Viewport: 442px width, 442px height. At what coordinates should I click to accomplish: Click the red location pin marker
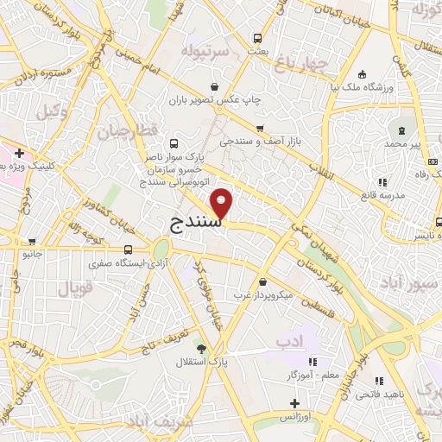(223, 204)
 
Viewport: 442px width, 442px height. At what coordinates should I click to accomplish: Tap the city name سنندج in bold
(192, 223)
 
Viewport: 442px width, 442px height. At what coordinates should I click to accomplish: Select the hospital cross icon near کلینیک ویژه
(19, 153)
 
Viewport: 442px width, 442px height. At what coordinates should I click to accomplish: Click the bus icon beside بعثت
(256, 38)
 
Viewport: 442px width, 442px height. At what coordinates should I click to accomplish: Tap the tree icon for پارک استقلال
(201, 349)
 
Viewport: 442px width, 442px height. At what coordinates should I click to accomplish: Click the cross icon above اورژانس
(294, 403)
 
